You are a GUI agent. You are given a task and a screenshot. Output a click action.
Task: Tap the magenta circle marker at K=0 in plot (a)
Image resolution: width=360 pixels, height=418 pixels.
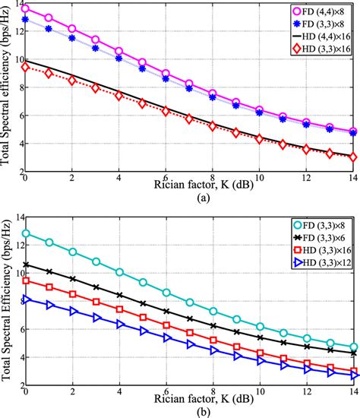point(26,9)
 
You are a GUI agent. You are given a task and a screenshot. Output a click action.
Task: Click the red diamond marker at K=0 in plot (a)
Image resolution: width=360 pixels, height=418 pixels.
point(26,67)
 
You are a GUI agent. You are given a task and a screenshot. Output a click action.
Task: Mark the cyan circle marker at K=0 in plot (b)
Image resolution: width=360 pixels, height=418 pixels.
point(26,234)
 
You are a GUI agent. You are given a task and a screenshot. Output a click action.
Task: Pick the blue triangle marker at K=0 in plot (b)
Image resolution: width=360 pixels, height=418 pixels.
point(26,299)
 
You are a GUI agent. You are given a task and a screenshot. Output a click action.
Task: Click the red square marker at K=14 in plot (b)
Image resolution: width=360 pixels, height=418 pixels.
point(353,369)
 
